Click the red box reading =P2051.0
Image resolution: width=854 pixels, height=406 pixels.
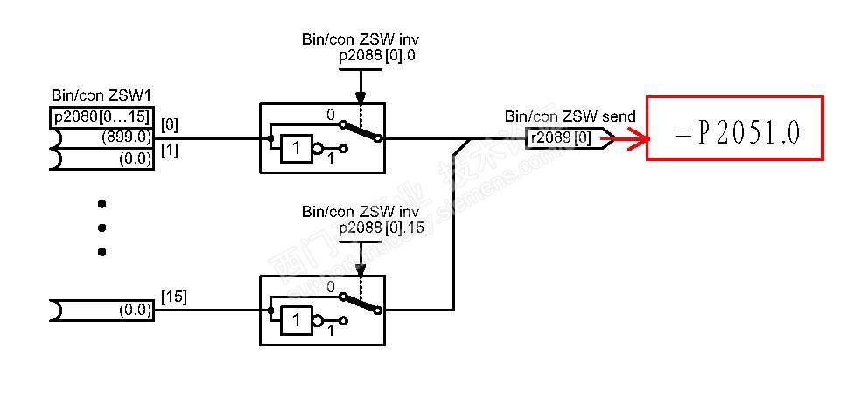coord(734,128)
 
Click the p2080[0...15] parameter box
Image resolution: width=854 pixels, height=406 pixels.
coord(101,117)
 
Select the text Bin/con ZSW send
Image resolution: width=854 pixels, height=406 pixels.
coord(570,116)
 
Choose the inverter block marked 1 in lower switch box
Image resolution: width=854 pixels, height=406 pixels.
coord(296,320)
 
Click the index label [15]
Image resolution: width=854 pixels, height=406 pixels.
coord(173,297)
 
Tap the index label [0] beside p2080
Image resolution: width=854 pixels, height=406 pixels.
coord(170,123)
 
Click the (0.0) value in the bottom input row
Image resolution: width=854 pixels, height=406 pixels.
coord(134,309)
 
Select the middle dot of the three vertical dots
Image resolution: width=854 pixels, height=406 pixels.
coord(101,227)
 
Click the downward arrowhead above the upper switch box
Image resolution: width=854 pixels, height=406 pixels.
coord(359,97)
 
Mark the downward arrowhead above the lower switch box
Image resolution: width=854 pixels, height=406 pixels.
coord(359,269)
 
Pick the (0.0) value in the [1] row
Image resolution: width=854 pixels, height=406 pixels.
coord(134,158)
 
